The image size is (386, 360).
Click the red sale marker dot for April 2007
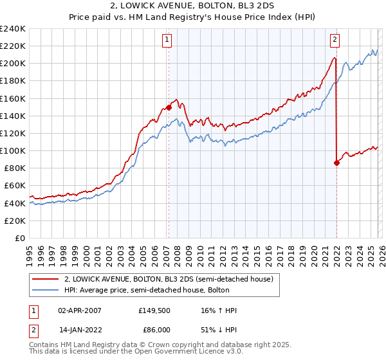[x=169, y=108]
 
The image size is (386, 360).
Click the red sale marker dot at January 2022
[x=336, y=163]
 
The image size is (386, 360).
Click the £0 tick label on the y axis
[x=19, y=238]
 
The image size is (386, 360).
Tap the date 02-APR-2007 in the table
[x=79, y=310]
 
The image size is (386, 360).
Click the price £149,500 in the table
[x=154, y=310]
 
